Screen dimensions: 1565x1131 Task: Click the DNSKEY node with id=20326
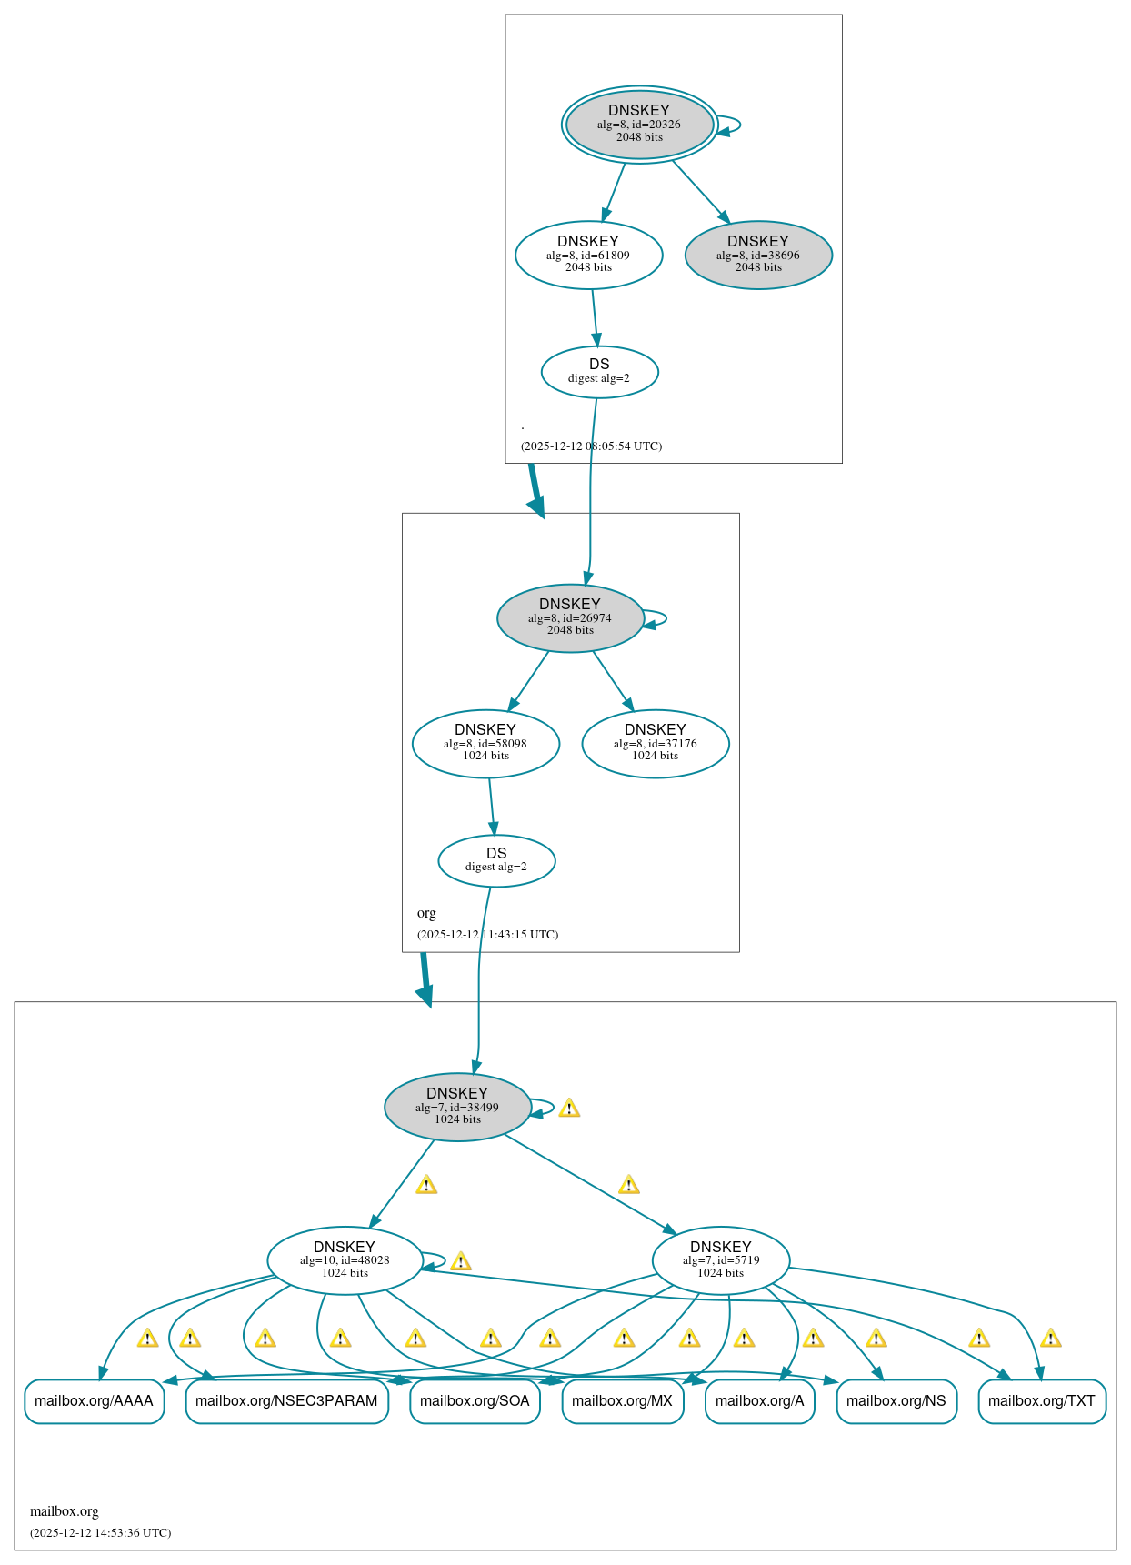click(639, 125)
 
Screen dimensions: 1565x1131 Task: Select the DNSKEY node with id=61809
click(588, 255)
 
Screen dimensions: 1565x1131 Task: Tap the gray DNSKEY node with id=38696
click(757, 255)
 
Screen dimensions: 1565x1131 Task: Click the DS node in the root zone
click(599, 371)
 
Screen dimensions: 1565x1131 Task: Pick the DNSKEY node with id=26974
click(570, 617)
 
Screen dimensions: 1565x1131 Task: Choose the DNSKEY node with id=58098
click(485, 743)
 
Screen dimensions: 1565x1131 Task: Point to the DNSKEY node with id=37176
click(655, 743)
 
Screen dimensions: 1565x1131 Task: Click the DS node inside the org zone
click(496, 860)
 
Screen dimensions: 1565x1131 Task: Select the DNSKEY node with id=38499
click(457, 1107)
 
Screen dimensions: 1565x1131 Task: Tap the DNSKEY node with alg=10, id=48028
click(345, 1260)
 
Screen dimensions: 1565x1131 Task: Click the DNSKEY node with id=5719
click(720, 1260)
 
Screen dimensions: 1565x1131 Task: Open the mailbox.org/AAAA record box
click(94, 1400)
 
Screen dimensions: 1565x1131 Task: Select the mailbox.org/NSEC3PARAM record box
click(286, 1400)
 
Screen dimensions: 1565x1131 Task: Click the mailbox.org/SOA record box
click(475, 1400)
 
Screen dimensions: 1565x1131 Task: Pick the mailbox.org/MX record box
click(622, 1400)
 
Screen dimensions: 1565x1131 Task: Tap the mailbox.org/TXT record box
click(1041, 1400)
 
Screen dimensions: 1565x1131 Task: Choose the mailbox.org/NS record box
click(896, 1400)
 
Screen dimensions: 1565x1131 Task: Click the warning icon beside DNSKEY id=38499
click(569, 1108)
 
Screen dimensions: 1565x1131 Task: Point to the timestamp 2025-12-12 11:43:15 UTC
click(487, 935)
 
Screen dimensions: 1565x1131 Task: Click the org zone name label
click(426, 913)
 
